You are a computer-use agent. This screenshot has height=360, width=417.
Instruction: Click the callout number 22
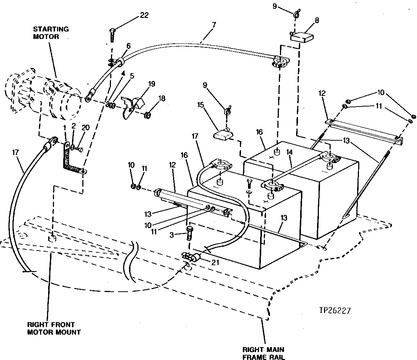pos(144,15)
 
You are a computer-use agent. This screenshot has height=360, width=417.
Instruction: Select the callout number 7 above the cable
pos(214,25)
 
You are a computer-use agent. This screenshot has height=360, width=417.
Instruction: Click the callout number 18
pos(162,98)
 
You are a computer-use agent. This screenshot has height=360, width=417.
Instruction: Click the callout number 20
pos(86,127)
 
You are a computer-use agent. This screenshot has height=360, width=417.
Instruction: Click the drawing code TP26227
pos(335,311)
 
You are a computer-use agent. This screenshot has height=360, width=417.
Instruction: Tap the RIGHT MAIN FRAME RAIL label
pos(263,353)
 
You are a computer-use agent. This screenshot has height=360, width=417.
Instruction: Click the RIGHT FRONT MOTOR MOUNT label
pos(54,328)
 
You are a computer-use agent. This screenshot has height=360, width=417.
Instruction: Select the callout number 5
pos(132,76)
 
